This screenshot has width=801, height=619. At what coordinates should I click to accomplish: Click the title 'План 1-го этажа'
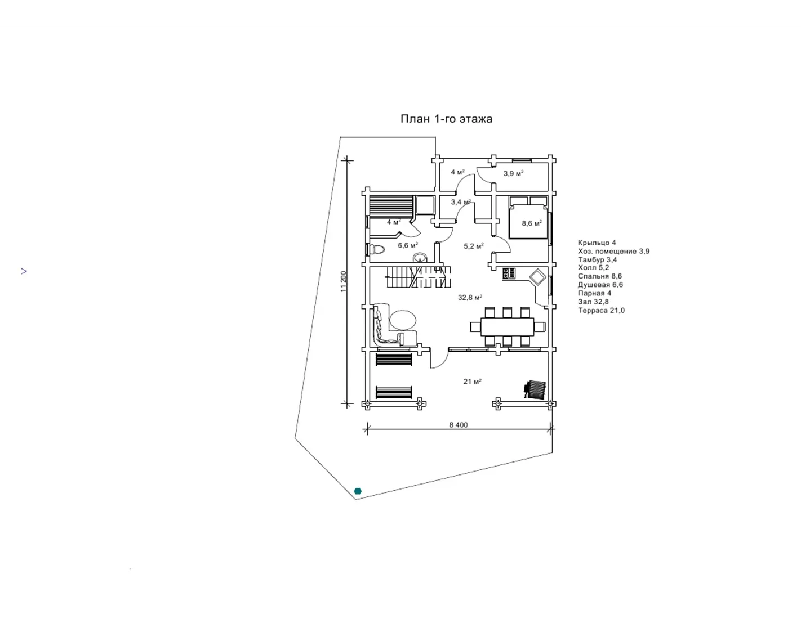point(446,119)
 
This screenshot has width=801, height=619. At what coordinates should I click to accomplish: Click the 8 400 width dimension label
point(458,425)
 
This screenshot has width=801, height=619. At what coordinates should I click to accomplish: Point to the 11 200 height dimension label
point(344,282)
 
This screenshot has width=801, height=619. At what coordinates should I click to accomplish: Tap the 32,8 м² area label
point(470,297)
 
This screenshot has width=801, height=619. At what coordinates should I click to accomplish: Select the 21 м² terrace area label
point(472,382)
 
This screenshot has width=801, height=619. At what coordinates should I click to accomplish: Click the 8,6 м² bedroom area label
point(532,223)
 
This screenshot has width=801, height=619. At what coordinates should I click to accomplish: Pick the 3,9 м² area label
point(514,173)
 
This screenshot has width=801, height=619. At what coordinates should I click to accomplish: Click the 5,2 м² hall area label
point(474,246)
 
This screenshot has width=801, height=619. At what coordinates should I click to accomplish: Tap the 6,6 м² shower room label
point(408,245)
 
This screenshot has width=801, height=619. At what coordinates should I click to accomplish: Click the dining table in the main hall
point(508,326)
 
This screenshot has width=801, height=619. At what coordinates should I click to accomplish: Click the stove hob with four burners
point(509,273)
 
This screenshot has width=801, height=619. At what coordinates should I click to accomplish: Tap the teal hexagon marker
point(358,491)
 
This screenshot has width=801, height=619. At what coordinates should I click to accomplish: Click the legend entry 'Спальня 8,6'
point(600,276)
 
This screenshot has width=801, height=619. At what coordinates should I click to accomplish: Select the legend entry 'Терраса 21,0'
point(601,311)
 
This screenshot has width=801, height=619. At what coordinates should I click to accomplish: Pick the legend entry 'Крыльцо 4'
point(597,243)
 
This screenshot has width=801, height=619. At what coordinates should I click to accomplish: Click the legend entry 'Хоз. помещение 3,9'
point(614,251)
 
